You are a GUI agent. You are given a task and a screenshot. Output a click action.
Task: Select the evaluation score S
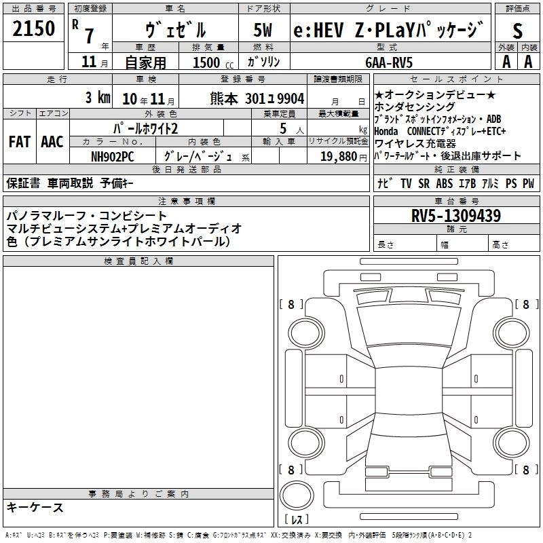coord(518,31)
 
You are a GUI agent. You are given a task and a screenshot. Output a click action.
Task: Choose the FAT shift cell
coord(19,142)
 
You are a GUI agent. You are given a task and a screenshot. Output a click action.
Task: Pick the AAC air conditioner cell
coord(52,142)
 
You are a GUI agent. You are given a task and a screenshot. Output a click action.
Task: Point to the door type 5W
coord(263,31)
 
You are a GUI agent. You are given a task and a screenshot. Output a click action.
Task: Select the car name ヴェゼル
coord(176,31)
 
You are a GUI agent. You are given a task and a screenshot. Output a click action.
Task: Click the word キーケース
coord(35,508)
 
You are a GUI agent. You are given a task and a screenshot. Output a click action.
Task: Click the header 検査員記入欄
coord(138,261)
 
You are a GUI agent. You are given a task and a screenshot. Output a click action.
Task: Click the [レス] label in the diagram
coord(296,520)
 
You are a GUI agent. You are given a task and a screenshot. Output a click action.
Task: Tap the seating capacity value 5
coord(282,128)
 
